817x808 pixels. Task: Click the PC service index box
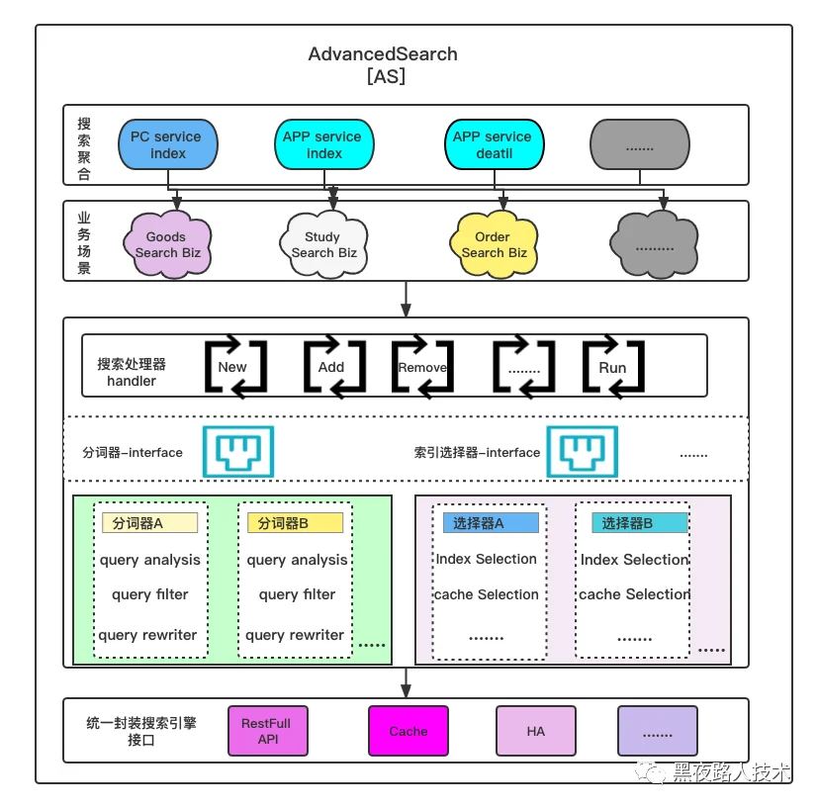click(x=168, y=144)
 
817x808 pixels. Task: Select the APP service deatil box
click(x=494, y=144)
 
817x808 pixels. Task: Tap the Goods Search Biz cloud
click(x=167, y=244)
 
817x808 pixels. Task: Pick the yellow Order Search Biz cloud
click(x=494, y=244)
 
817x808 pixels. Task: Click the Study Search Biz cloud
click(x=323, y=244)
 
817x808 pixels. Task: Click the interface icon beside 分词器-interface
click(x=238, y=452)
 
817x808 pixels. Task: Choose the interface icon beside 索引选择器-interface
click(x=582, y=452)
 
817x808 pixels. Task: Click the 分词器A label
click(x=150, y=522)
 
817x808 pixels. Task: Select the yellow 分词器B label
click(x=295, y=522)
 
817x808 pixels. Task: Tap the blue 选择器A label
click(x=491, y=522)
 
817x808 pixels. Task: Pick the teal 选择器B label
click(x=640, y=522)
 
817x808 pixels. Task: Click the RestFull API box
click(x=268, y=731)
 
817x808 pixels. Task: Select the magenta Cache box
click(x=408, y=731)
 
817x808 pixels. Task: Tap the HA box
click(x=536, y=731)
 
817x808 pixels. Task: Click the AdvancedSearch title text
click(x=383, y=54)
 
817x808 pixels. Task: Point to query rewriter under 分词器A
click(x=147, y=635)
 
